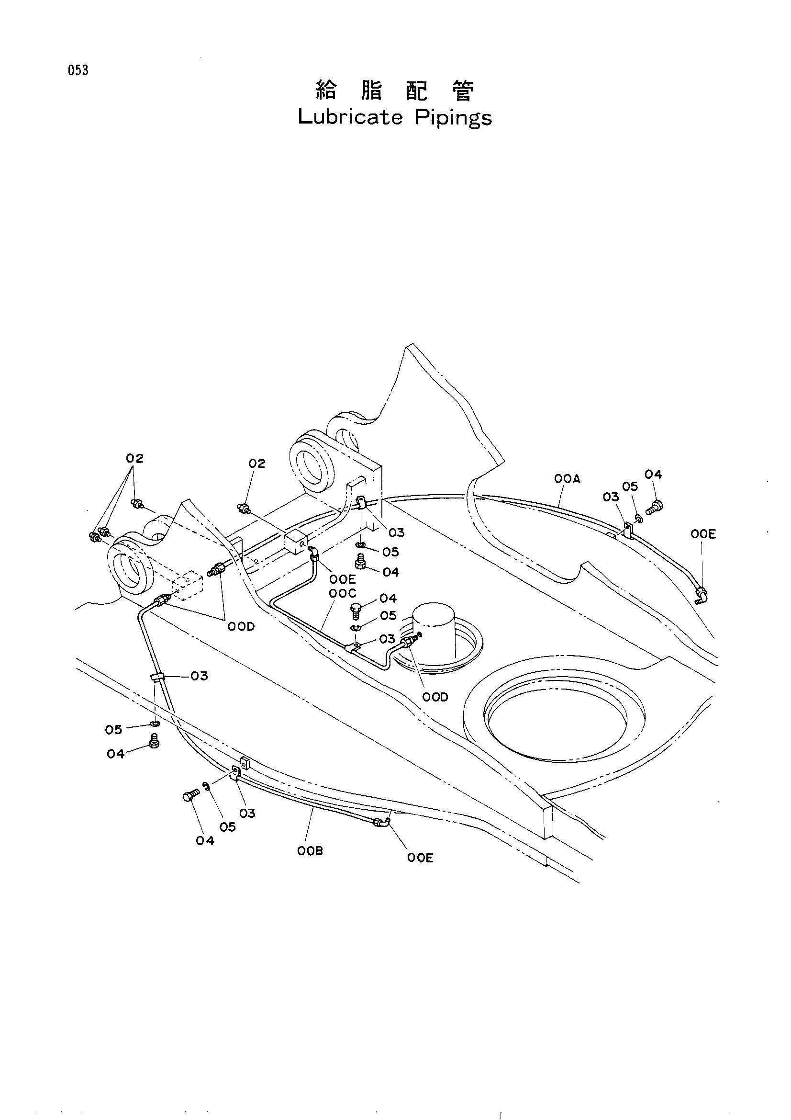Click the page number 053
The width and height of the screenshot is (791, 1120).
[78, 71]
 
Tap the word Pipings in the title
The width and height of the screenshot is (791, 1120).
[453, 118]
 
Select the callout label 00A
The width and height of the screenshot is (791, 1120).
[568, 479]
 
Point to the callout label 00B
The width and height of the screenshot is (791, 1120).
[310, 851]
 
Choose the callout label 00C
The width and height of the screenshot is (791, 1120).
[343, 594]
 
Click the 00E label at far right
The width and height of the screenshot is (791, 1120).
[703, 534]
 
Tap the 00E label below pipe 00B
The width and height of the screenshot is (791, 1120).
[420, 858]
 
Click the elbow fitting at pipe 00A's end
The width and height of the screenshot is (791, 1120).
[702, 595]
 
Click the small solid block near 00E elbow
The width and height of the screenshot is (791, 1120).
[295, 542]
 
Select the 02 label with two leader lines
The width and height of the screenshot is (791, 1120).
[134, 459]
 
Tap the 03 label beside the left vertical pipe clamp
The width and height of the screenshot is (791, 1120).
[200, 676]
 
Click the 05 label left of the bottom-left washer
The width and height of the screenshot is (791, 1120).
[113, 729]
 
